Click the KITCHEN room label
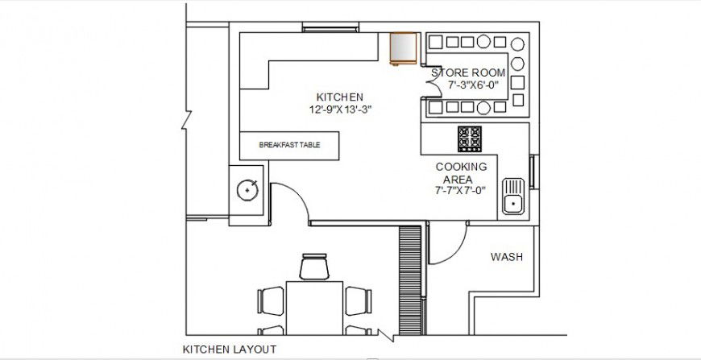point(339,96)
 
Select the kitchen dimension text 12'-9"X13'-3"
point(339,109)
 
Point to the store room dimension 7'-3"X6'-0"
point(468,85)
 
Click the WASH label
point(507,258)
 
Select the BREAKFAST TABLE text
point(289,146)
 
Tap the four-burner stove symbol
point(470,139)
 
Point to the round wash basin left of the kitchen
point(247,190)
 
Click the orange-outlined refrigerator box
point(403,48)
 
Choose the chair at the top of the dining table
point(314,267)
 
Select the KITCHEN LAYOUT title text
point(230,350)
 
